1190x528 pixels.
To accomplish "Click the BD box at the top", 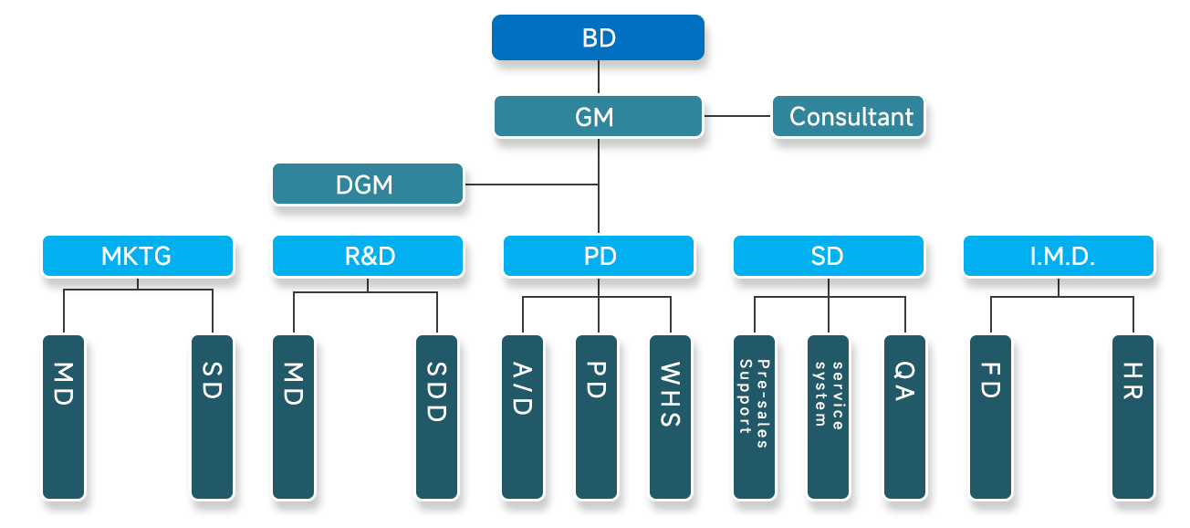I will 598,37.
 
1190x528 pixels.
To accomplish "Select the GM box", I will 598,117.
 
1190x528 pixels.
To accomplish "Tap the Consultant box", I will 849,117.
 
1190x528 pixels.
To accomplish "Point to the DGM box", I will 368,185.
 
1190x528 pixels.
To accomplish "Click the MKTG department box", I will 138,256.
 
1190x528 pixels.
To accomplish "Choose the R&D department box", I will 368,256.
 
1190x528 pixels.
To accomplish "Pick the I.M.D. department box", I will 1059,256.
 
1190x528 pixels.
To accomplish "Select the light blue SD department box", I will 828,256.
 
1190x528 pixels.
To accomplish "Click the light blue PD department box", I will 598,256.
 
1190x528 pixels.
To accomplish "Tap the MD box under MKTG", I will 64,417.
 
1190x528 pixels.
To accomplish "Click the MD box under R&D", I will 294,417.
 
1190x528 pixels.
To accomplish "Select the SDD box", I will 436,417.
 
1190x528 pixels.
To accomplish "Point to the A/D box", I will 523,417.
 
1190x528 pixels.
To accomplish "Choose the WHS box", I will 671,417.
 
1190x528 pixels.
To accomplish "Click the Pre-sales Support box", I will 755,417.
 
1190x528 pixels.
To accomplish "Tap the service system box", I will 829,417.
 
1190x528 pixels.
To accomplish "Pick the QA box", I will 904,417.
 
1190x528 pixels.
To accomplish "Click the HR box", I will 1133,417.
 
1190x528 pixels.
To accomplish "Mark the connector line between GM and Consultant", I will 738,116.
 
